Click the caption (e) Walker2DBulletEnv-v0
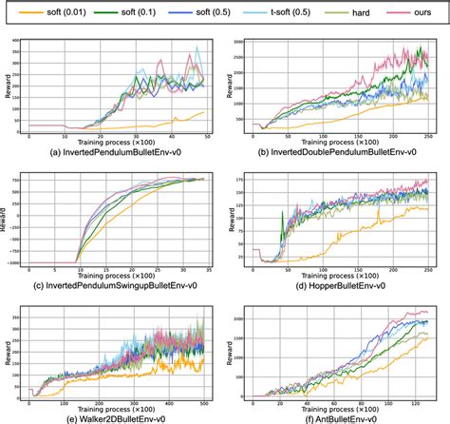tap(114, 415)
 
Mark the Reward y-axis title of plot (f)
tap(234, 352)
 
